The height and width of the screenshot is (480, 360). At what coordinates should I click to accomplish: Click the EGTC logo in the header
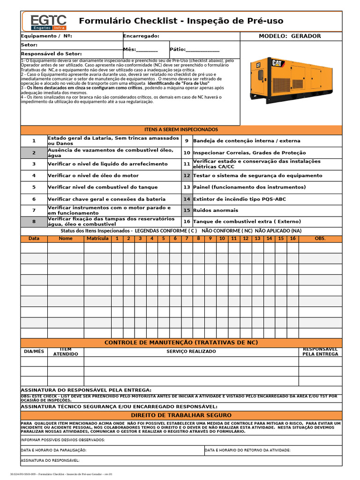[x=48, y=22]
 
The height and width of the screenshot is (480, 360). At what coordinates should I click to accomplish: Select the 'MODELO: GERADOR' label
[x=290, y=36]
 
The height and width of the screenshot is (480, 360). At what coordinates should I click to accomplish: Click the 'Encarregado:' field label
[x=141, y=36]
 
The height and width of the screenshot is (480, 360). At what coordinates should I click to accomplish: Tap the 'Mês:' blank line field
[x=147, y=49]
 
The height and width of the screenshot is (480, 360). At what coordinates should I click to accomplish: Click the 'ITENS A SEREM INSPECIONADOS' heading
[x=181, y=129]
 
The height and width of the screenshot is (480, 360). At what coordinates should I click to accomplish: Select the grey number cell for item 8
[x=34, y=222]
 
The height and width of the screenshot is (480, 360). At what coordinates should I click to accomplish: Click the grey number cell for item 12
[x=187, y=176]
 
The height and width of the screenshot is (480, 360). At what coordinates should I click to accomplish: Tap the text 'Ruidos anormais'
[x=216, y=210]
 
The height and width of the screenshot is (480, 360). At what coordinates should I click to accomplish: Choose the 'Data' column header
[x=34, y=239]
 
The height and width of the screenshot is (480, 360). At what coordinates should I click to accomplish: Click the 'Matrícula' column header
[x=97, y=239]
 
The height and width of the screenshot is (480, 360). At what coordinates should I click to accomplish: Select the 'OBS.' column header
[x=320, y=239]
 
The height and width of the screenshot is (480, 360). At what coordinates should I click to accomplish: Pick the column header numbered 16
[x=292, y=239]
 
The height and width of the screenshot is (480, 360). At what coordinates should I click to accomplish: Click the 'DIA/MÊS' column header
[x=34, y=352]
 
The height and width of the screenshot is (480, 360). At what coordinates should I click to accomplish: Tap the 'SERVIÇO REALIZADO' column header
[x=191, y=352]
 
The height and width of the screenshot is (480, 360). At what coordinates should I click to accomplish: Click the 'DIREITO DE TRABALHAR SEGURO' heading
[x=181, y=415]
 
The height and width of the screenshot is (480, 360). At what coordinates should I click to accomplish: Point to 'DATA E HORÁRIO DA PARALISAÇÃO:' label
[x=54, y=450]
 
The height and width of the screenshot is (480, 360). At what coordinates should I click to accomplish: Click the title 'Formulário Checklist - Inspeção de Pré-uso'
[x=181, y=21]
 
